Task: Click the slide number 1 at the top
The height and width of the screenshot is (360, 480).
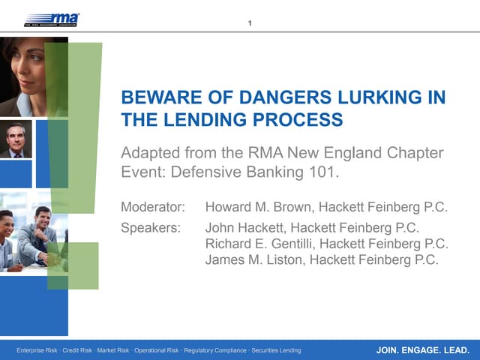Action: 250,22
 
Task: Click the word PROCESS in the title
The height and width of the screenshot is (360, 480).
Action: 304,119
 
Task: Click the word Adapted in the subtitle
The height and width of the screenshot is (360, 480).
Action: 149,153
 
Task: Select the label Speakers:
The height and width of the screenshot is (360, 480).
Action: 151,227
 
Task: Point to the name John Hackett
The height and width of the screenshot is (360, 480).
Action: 244,227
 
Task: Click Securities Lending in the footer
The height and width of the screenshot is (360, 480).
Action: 277,350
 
